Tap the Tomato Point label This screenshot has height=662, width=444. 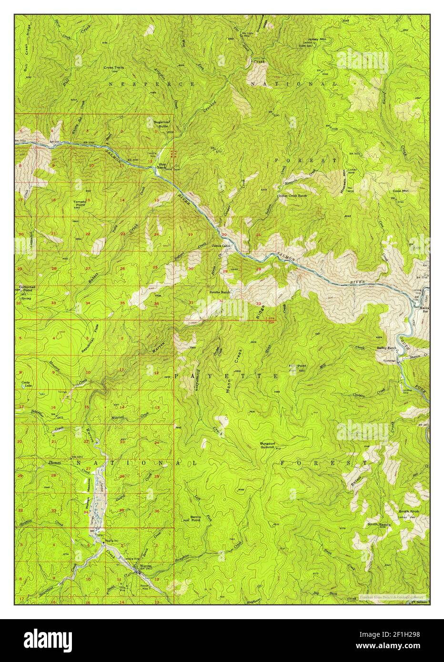pos(80,203)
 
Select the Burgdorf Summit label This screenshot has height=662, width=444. pos(269,445)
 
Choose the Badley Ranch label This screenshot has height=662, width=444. pos(386,348)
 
